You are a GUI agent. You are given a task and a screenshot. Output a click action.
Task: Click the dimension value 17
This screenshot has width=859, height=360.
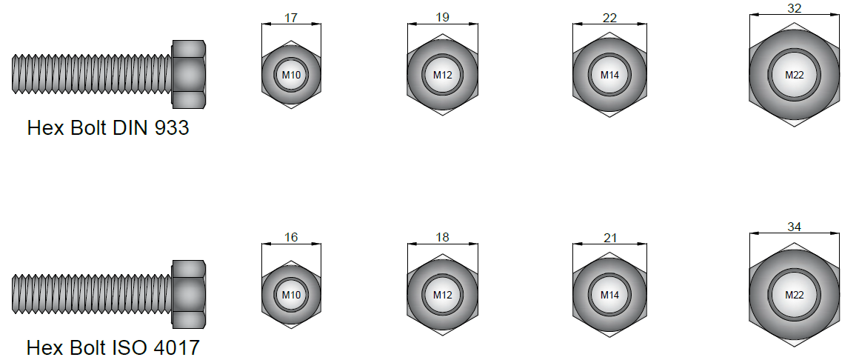[x=291, y=18]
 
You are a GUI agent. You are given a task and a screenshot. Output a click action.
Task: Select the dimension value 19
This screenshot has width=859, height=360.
[x=443, y=17]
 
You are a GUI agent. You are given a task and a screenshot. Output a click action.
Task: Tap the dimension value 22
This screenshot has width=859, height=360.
[x=609, y=18]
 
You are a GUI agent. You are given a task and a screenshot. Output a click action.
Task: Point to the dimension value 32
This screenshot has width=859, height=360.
[x=795, y=8]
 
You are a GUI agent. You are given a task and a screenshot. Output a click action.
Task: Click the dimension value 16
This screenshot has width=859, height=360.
[x=291, y=237]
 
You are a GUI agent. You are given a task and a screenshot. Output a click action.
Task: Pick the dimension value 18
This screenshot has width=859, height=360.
[x=443, y=237]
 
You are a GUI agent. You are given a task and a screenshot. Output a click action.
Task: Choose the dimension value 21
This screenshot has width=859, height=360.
[x=609, y=238]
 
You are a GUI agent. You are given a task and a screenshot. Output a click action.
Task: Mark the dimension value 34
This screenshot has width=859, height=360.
[x=795, y=227]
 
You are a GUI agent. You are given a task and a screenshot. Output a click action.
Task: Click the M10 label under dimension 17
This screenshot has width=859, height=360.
[x=291, y=75]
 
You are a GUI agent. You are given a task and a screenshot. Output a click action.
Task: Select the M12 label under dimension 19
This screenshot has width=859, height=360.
[x=443, y=75]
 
